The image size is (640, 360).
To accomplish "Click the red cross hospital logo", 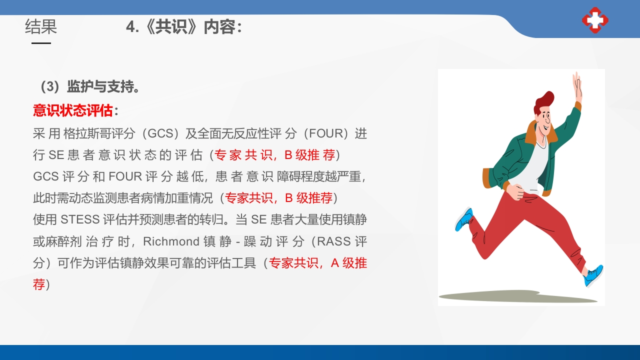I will (x=595, y=20).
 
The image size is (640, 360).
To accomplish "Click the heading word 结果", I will (x=41, y=26).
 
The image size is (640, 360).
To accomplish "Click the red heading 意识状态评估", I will (x=73, y=110).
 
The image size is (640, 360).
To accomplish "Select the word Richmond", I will (x=171, y=241).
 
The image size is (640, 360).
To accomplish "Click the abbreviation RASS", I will (x=334, y=241).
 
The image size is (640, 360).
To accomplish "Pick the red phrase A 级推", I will (x=349, y=263).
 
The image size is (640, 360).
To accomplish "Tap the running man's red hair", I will (x=544, y=100).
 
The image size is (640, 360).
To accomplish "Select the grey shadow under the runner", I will (x=515, y=296).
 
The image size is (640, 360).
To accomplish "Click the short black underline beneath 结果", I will (x=41, y=43).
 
